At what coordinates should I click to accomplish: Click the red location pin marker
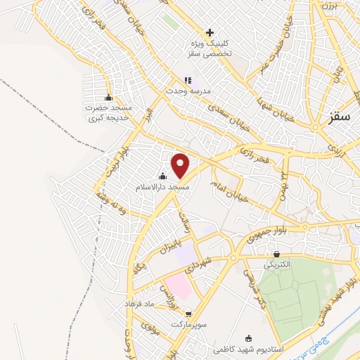coord(181,165)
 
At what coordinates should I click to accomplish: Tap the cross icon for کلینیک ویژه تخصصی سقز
coord(210,32)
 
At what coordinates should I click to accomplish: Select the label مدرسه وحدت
coord(184,91)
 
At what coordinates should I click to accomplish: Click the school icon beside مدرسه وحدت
coord(187,80)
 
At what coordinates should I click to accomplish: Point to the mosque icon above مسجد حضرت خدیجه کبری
coord(108,98)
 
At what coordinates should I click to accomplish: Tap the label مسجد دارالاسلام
coord(162,188)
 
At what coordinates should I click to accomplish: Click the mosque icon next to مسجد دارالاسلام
coord(163,176)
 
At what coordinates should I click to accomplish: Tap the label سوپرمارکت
coord(188,327)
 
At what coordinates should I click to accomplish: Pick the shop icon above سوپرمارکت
coord(188,315)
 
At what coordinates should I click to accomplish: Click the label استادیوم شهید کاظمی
coord(247,349)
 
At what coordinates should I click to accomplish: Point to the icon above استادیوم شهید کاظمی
coord(247,337)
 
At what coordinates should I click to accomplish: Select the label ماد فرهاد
coord(139,302)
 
